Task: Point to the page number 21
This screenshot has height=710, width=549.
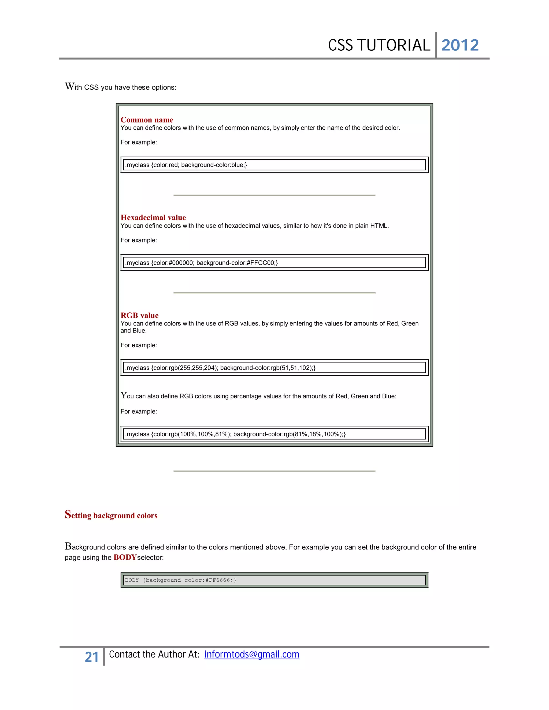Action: click(x=92, y=657)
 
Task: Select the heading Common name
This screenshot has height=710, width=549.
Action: click(x=147, y=120)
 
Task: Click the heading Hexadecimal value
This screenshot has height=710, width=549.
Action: click(x=153, y=218)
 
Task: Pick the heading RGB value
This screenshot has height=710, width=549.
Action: click(x=139, y=315)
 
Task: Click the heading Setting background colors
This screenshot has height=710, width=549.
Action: click(x=111, y=515)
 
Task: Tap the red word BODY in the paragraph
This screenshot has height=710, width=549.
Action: click(x=125, y=557)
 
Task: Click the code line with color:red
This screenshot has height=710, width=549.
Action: click(x=186, y=165)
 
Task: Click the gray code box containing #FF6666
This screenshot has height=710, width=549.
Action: click(x=274, y=580)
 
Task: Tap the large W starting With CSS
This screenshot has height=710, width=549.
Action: click(x=69, y=87)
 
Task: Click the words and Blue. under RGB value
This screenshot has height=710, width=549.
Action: click(x=133, y=331)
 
